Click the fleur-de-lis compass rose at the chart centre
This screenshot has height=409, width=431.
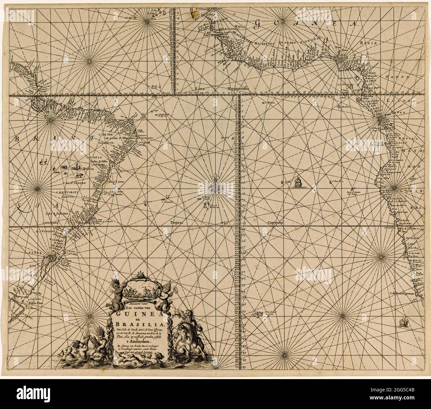pos(213,187)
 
